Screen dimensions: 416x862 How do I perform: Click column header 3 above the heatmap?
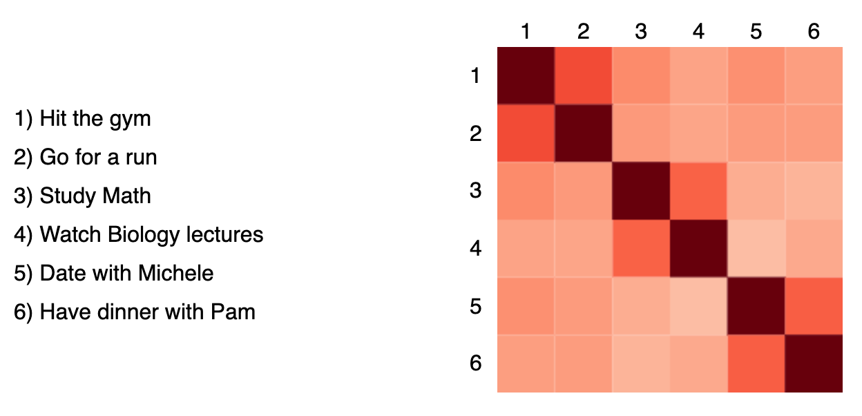click(641, 32)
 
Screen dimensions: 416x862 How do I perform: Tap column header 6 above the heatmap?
click(814, 32)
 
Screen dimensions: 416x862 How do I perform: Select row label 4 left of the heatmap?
click(475, 248)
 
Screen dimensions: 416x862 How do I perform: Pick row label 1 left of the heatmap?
click(475, 75)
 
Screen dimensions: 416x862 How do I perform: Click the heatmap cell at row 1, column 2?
click(584, 75)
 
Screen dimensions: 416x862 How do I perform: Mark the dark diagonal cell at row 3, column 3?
click(641, 191)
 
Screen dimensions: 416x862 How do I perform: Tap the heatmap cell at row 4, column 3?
click(641, 248)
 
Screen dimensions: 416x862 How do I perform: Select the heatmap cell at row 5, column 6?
click(814, 306)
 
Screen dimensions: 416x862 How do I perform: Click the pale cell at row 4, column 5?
click(756, 248)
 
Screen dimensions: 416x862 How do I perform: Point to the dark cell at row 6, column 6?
click(814, 363)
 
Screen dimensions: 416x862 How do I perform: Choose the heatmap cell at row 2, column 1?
click(526, 133)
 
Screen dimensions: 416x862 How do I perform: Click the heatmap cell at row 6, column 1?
click(526, 363)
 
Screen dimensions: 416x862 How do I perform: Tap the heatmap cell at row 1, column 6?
click(814, 75)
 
